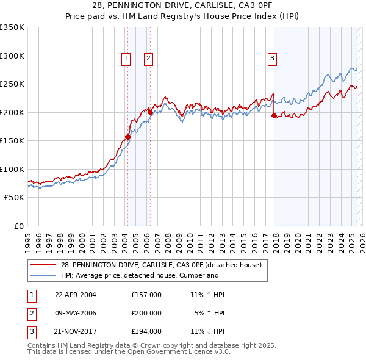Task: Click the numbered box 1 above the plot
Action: (x=126, y=59)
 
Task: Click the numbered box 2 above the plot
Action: (x=148, y=59)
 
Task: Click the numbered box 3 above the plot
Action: (x=272, y=59)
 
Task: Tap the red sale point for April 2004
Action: (x=128, y=137)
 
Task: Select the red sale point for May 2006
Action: (x=150, y=112)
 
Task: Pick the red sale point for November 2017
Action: (x=274, y=115)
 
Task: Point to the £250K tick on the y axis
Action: (x=12, y=84)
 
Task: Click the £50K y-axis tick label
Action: (x=14, y=198)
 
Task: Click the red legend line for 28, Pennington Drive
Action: (x=44, y=265)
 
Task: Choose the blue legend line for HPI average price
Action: (x=44, y=275)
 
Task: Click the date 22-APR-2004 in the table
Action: (x=76, y=295)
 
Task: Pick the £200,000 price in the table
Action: (x=146, y=313)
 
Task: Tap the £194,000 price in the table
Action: (x=146, y=332)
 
